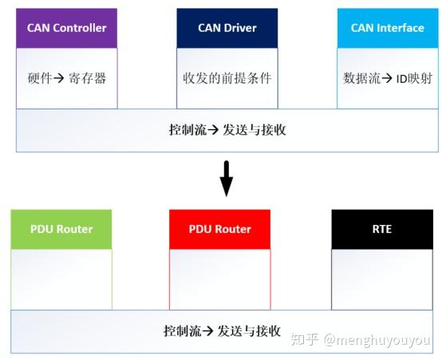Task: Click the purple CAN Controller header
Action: click(67, 29)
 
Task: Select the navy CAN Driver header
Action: click(227, 29)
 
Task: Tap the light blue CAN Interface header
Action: click(387, 29)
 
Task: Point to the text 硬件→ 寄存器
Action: click(67, 79)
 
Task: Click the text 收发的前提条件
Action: click(227, 79)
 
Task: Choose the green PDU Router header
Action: click(61, 229)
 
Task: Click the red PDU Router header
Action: click(219, 229)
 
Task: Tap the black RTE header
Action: click(381, 229)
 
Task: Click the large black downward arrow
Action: click(227, 180)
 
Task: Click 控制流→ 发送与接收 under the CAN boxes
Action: click(227, 129)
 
